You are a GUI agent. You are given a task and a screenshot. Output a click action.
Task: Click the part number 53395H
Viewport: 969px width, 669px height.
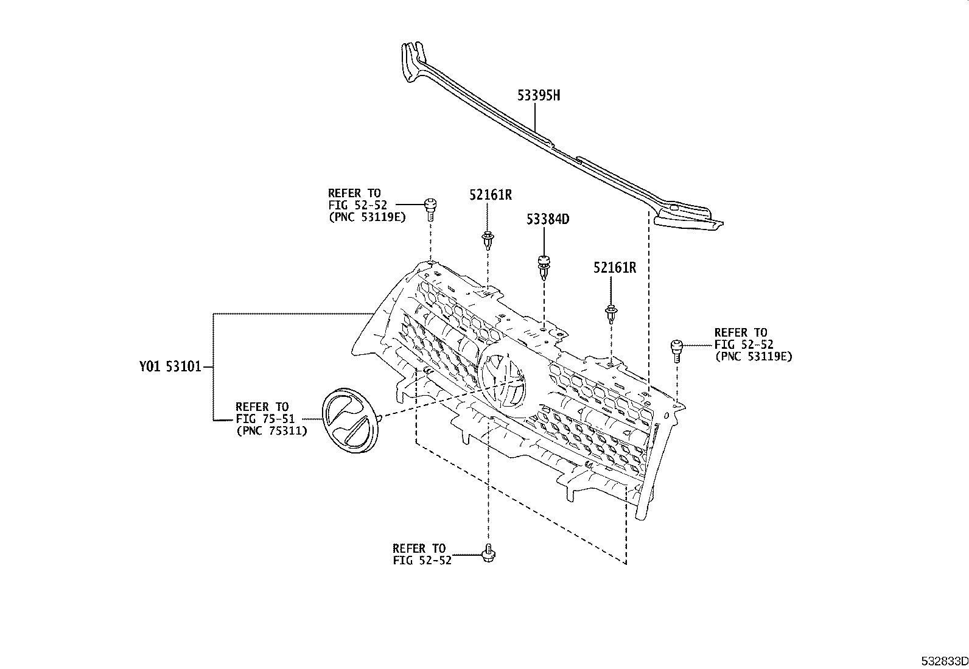539,95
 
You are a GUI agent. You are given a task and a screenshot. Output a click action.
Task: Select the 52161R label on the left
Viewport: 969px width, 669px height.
490,195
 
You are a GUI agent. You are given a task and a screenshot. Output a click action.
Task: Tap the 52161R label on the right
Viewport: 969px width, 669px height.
615,268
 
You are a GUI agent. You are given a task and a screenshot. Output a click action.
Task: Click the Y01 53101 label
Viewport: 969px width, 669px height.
169,367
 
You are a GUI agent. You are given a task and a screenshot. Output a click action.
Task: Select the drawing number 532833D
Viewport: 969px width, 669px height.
943,660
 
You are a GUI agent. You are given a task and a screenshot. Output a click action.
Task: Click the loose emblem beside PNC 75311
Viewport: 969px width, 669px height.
348,420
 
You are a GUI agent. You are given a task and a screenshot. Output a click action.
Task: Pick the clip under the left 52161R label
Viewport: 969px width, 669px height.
488,240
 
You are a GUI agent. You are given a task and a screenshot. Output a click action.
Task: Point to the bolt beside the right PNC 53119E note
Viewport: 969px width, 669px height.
676,349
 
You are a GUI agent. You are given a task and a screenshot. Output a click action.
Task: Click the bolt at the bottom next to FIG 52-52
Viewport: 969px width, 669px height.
487,553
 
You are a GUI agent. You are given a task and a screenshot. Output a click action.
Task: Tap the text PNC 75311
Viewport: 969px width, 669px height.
271,430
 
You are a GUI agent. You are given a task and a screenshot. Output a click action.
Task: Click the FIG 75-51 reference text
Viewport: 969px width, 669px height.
265,419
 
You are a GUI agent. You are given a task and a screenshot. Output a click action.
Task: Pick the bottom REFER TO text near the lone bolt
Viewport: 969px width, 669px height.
419,548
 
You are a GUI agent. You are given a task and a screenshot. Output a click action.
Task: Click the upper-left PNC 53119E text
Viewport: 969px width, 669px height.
367,217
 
